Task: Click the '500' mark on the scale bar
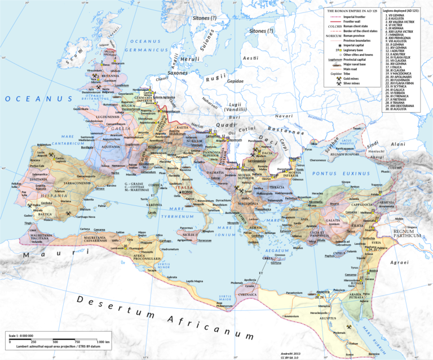(55, 342)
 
